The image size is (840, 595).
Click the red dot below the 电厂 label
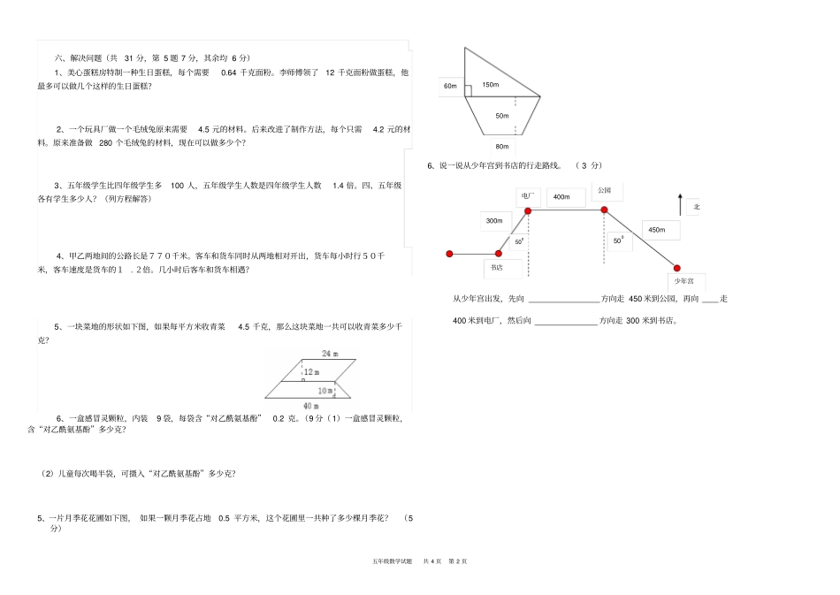point(528,210)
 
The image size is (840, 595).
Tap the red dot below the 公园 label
point(605,210)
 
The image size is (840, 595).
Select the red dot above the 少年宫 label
point(677,267)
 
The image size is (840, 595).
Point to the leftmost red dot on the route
point(449,254)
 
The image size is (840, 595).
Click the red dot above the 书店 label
point(499,254)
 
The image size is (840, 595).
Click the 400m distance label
point(561,196)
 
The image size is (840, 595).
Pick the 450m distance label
point(656,230)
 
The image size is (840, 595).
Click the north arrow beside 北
point(679,205)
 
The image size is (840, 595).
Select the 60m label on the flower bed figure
point(450,86)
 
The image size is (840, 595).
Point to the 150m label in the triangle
point(490,86)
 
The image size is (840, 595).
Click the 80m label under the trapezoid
point(502,147)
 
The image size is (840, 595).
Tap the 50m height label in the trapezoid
point(502,116)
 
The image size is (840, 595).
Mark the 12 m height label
point(310,372)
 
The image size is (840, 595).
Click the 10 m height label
point(325,390)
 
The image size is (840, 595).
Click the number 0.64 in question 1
point(229,72)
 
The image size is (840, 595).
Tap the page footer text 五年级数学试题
point(393,561)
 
